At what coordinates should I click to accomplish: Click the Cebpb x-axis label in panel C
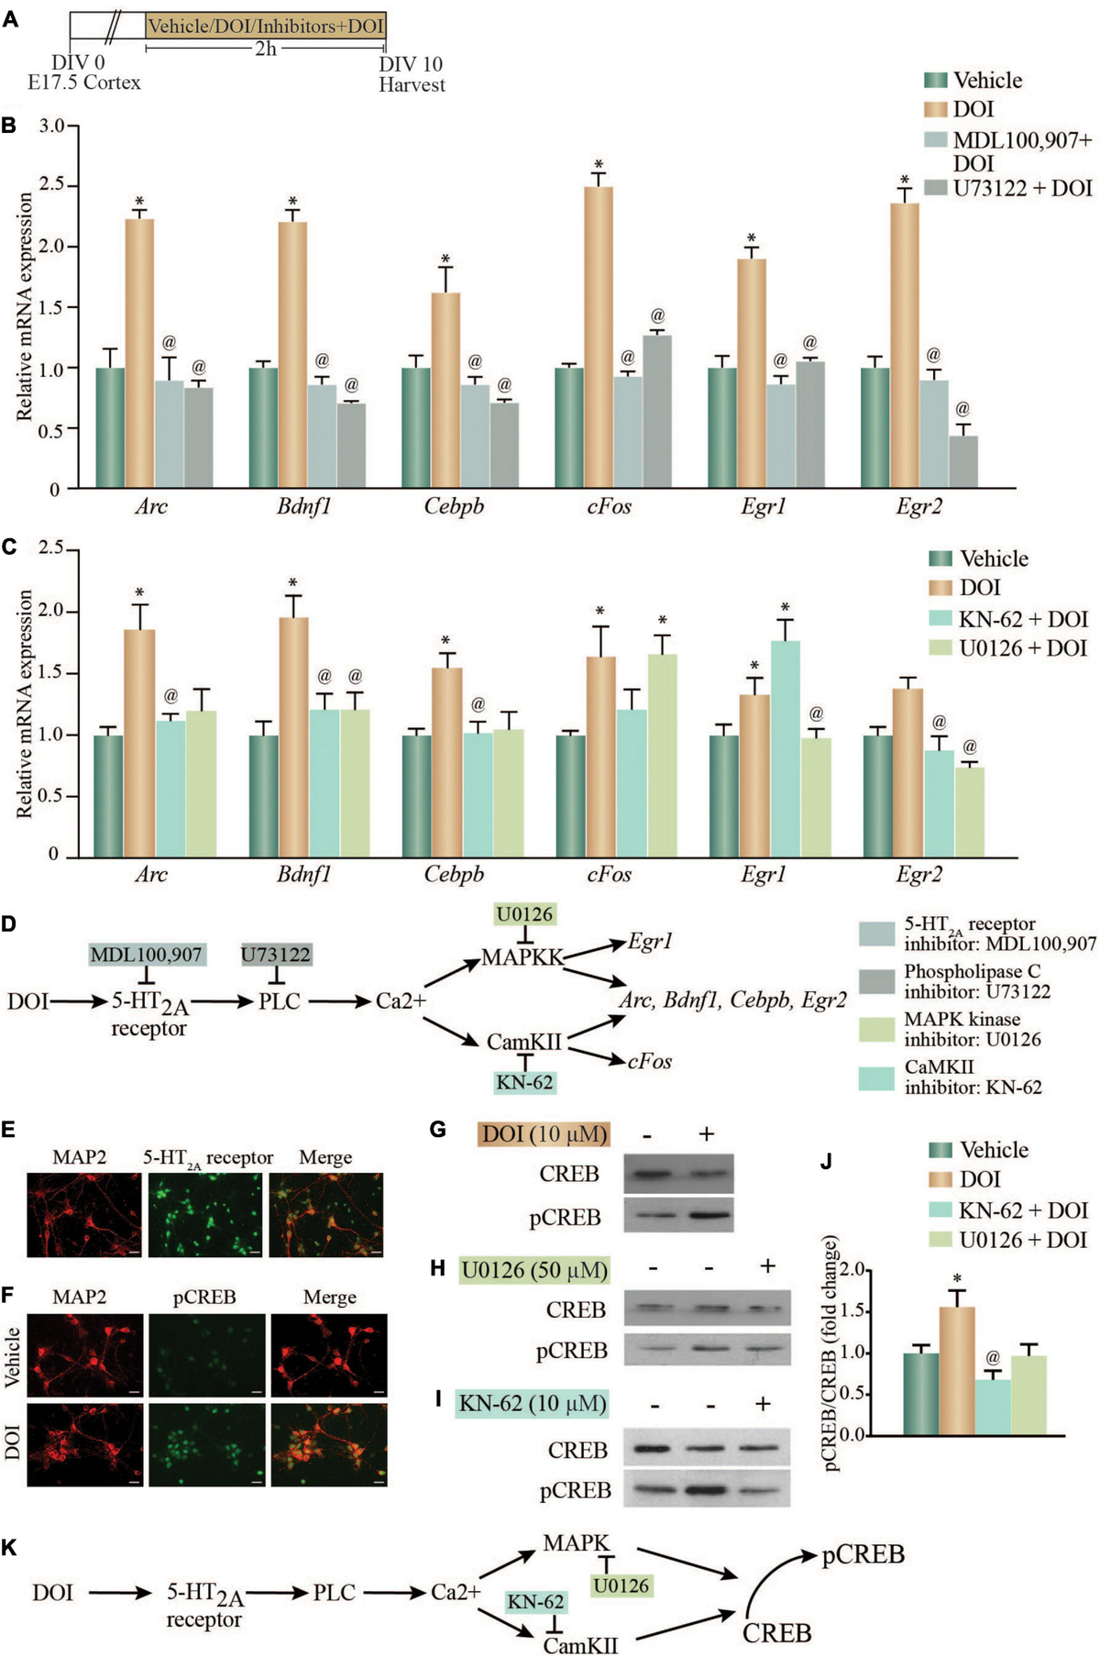coord(454,874)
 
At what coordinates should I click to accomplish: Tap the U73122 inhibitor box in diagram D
coord(276,955)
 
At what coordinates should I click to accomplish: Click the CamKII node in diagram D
coord(523,1042)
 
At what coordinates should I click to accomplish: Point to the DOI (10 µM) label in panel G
coord(544,1133)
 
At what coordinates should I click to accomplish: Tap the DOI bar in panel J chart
coord(956,1370)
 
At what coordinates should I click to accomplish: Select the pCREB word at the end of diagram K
coord(863,1554)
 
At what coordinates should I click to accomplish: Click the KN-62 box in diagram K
coord(536,1602)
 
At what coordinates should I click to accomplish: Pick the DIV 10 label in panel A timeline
coord(411,64)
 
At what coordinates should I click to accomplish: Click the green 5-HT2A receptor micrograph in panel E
coord(205,1214)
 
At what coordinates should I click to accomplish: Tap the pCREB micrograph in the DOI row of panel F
coord(205,1443)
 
